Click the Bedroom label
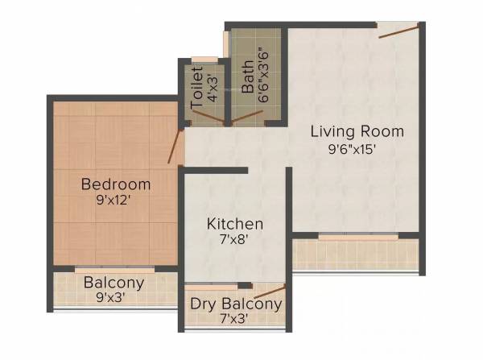(116, 184)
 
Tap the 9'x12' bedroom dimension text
(116, 201)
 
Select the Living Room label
(357, 131)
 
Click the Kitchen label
(235, 223)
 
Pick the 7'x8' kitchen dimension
(235, 240)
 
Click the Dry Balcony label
(236, 304)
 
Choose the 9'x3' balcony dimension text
(114, 297)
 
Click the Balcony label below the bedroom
(114, 283)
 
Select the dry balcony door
(269, 292)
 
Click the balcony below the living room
(356, 254)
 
